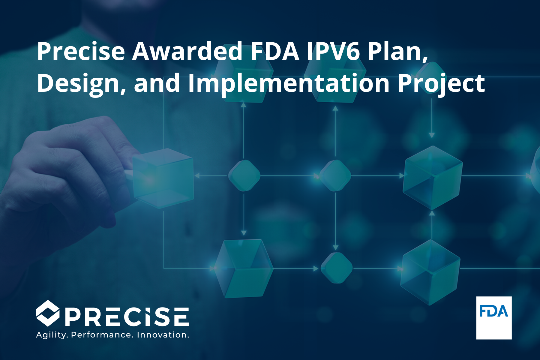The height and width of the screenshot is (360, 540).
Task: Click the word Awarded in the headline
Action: (187, 51)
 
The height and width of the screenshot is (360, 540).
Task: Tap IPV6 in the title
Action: (333, 51)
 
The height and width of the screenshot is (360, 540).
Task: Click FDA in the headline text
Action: (275, 51)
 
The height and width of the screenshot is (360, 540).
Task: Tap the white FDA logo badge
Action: (494, 318)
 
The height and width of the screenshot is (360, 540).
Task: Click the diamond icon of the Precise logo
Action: (47, 313)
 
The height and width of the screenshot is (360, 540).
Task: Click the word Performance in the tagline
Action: (102, 335)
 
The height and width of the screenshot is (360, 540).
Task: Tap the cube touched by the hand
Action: (163, 178)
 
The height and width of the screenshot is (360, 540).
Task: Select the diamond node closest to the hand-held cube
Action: (244, 175)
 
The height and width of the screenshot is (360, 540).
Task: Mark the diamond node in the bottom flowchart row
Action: (337, 268)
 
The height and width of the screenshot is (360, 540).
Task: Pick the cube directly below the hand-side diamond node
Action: (244, 268)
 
